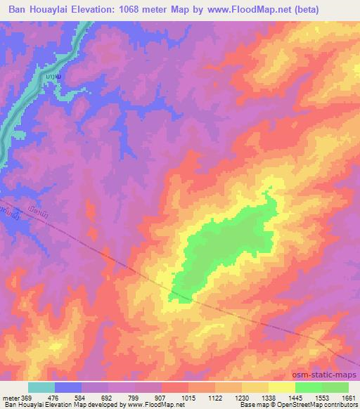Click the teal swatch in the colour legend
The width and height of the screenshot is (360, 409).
click(41, 387)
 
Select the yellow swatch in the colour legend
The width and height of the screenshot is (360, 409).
click(282, 387)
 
